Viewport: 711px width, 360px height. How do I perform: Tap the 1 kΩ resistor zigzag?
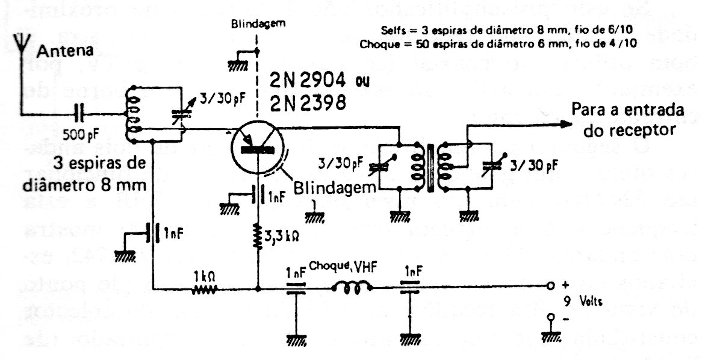[203, 290]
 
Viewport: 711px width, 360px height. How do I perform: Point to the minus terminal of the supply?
[549, 317]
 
